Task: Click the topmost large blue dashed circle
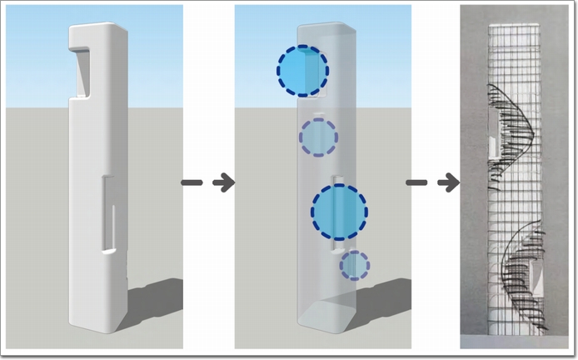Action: tap(302, 71)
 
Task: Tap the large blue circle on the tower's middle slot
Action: tap(339, 212)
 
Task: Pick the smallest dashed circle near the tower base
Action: tap(355, 265)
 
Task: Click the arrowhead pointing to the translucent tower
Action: tap(223, 182)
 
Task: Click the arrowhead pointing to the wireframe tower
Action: tap(450, 182)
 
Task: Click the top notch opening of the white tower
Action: tap(84, 70)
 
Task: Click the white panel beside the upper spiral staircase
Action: tap(494, 147)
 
